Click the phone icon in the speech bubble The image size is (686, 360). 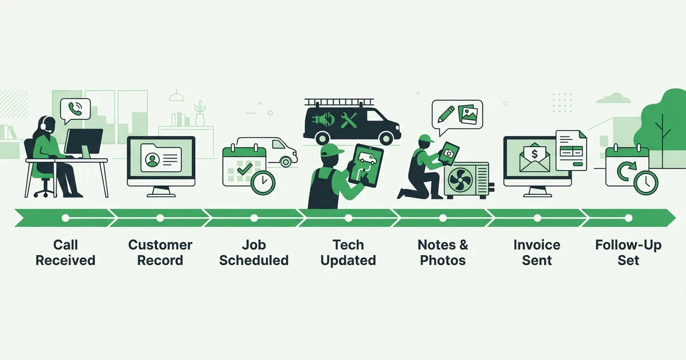coord(75,109)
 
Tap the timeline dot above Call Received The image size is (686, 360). coord(66,218)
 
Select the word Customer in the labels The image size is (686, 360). coord(160,245)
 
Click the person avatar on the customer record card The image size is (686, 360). coord(152,160)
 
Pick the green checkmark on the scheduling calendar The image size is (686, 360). coord(245,169)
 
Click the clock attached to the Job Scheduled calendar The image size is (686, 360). coord(263,182)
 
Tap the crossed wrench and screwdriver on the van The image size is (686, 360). coord(349,121)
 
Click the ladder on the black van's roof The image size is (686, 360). coord(340,102)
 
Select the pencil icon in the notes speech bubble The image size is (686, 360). coord(446,114)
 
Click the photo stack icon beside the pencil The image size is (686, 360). coord(468,115)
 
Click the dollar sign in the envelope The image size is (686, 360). coord(535,154)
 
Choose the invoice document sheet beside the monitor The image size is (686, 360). coord(571,150)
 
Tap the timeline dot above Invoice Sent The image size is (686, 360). coord(537,218)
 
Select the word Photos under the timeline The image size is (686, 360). coord(443,261)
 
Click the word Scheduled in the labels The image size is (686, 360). coord(254,261)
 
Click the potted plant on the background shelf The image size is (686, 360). coord(200,113)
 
